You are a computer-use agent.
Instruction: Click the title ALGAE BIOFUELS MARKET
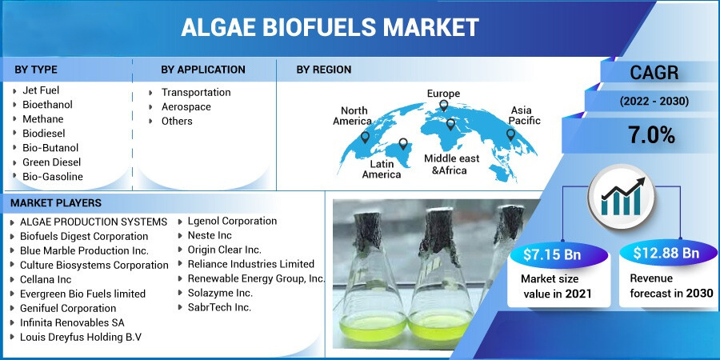tap(330, 27)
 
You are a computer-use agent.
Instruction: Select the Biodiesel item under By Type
tap(44, 133)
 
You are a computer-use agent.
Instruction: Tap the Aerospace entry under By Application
tap(186, 107)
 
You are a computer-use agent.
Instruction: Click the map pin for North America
tap(365, 137)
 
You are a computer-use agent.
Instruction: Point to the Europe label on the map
tap(443, 94)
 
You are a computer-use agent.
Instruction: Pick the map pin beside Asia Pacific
tap(510, 134)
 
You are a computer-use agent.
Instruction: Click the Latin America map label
tap(382, 169)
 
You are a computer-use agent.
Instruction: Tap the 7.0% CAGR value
tap(651, 135)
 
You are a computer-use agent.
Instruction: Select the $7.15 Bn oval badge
tap(552, 254)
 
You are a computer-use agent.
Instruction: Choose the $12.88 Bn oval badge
tap(666, 254)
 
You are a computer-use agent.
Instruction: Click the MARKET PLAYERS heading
tap(56, 203)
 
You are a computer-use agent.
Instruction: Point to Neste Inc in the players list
tap(210, 235)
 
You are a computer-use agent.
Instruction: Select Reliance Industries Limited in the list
tap(250, 264)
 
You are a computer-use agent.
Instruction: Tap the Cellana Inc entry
tap(46, 279)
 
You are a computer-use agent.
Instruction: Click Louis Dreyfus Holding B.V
tap(80, 337)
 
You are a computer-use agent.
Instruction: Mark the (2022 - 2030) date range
tap(654, 102)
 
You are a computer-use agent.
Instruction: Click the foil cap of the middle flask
tap(438, 234)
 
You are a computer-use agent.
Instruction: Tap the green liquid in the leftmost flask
tap(372, 326)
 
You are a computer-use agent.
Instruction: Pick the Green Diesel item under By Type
tap(51, 162)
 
